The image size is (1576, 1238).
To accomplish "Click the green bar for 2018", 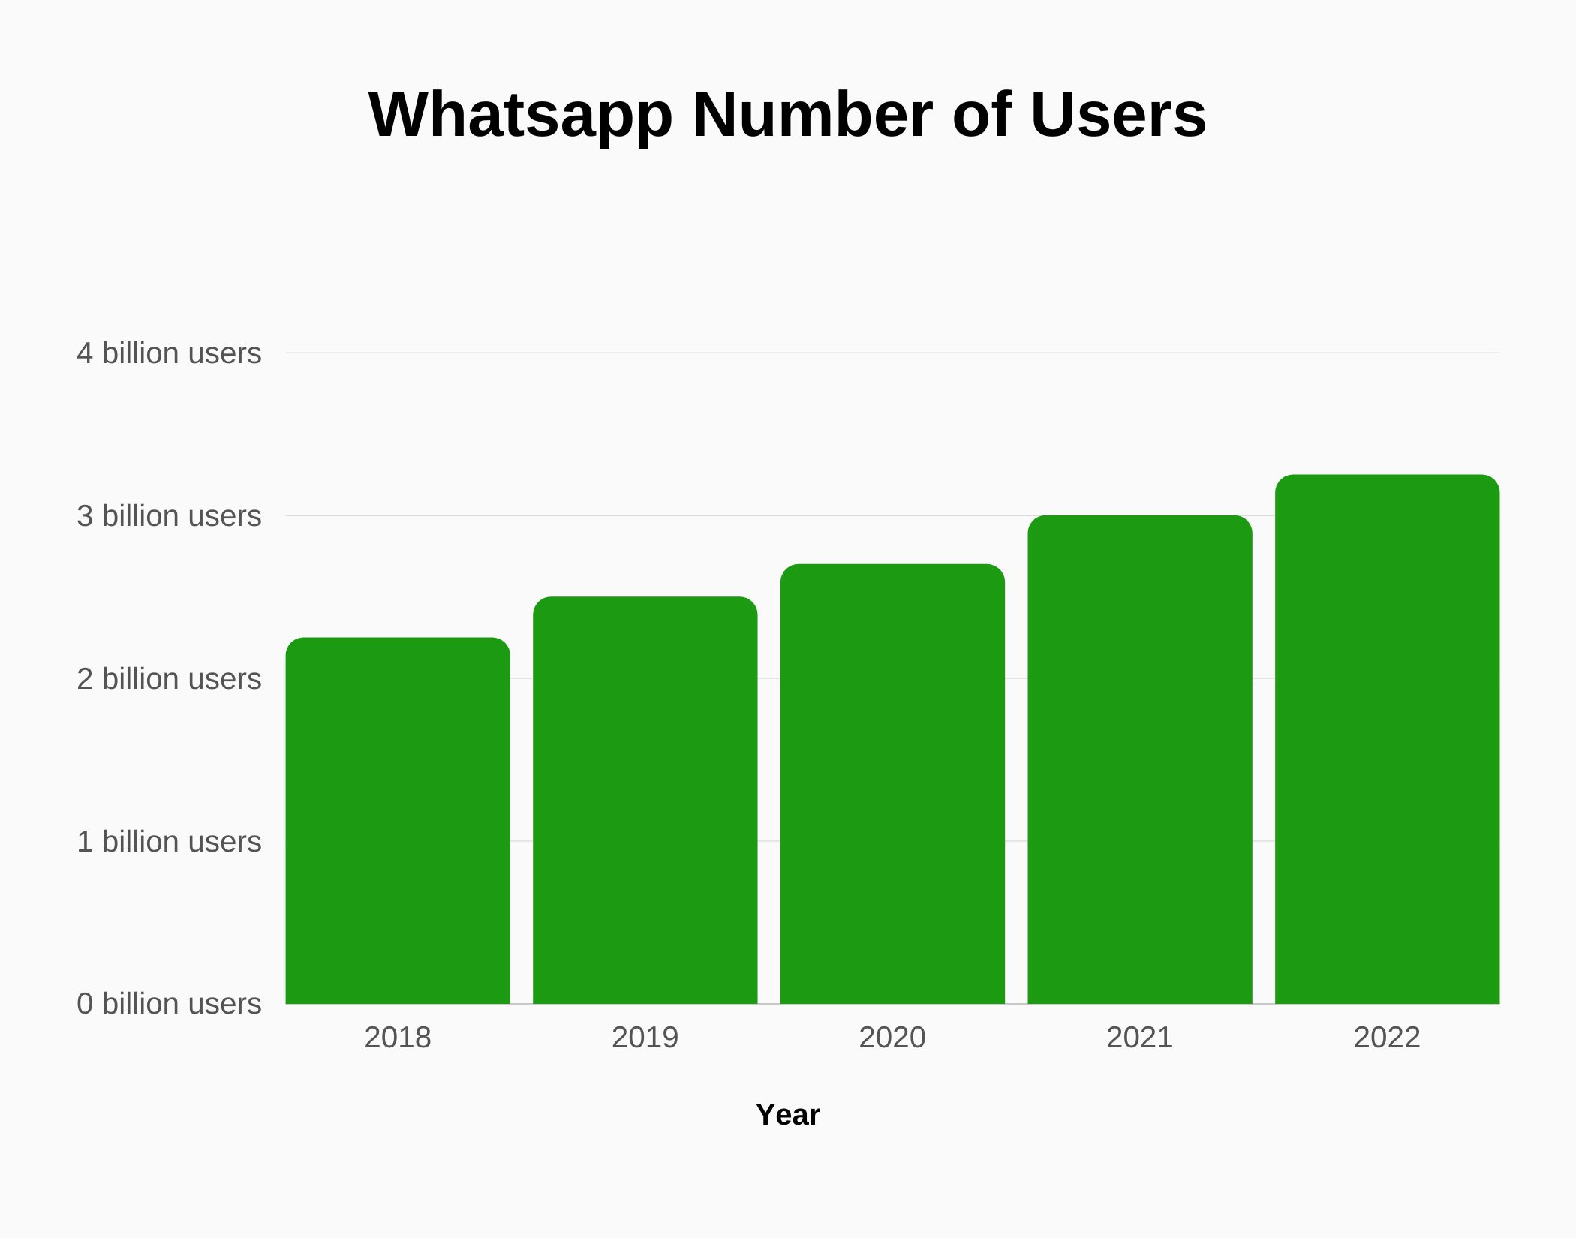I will click(x=398, y=822).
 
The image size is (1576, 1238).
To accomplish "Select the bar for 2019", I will click(x=645, y=801).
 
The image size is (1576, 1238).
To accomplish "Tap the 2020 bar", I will click(x=892, y=784).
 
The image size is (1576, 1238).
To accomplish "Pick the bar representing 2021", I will click(x=1140, y=760).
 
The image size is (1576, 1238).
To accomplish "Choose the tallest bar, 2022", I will click(x=1387, y=740).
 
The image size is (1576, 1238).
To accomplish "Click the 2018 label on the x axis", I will click(x=398, y=1038).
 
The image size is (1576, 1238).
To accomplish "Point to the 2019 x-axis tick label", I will click(x=645, y=1038).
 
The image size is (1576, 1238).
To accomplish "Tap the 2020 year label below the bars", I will click(x=892, y=1038).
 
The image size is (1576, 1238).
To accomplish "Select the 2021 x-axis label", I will click(x=1140, y=1038).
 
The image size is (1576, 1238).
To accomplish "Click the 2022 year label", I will click(x=1387, y=1038).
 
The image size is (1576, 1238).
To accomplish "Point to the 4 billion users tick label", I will click(x=169, y=353).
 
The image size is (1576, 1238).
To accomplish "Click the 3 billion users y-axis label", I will click(x=169, y=516).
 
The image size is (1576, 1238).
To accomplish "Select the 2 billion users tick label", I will click(x=169, y=679).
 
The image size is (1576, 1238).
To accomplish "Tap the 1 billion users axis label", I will click(x=169, y=842).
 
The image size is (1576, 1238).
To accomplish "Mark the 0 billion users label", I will click(x=169, y=1004).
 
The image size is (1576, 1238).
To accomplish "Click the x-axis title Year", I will click(x=788, y=1115).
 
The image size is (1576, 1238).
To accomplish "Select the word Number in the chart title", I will click(x=812, y=115).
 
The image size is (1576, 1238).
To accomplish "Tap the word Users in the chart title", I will click(x=1118, y=115).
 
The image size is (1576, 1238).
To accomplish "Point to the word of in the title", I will click(x=981, y=115).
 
